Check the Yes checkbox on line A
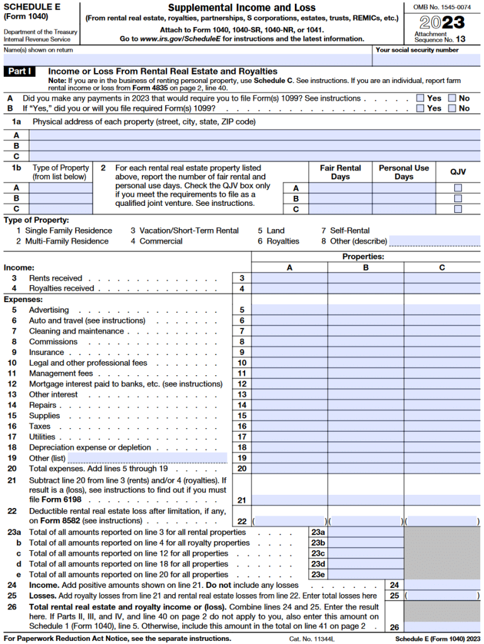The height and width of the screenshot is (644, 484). point(420,98)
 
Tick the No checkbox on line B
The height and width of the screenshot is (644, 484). point(452,108)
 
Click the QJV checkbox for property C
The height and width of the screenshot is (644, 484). point(458,209)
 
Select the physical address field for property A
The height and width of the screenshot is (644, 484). point(255,135)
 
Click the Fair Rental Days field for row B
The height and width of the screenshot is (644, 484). point(340,198)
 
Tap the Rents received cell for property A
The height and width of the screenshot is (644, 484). point(290,278)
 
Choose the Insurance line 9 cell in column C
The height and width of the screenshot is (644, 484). point(442,352)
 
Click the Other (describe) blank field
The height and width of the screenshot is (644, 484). point(434,241)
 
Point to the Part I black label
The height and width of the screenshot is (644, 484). point(21,72)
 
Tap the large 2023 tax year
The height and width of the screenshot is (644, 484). point(442,23)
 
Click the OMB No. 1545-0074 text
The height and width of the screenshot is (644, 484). point(442,6)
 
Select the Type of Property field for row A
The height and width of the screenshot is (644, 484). point(59,188)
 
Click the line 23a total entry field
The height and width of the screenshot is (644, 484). point(366,533)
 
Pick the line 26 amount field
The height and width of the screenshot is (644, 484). point(442,627)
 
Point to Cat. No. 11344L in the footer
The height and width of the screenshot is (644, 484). point(311,638)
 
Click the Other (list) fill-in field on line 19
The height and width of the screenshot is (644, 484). point(147,458)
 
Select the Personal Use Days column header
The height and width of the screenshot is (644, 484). point(403,172)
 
